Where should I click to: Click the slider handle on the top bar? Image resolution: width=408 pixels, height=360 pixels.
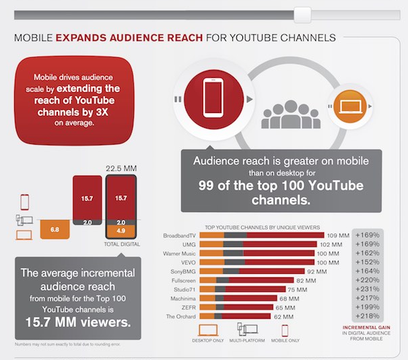303,14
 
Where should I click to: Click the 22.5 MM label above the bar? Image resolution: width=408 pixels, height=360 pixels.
121,169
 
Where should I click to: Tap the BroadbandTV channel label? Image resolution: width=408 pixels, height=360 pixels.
179,235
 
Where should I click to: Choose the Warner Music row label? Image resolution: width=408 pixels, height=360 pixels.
177,253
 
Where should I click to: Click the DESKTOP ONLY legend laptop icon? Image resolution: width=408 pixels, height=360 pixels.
209,330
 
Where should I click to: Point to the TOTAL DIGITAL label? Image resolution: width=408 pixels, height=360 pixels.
121,244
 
